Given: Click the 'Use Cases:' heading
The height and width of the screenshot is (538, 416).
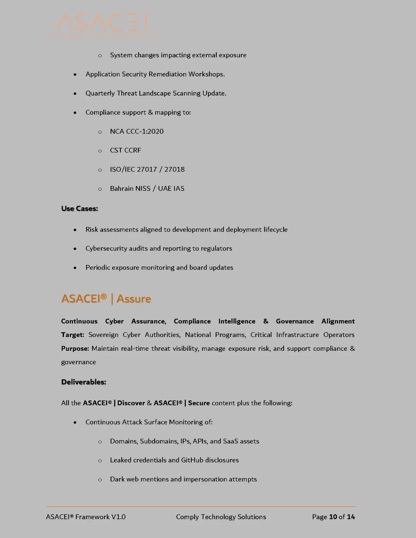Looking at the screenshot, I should coord(79,209).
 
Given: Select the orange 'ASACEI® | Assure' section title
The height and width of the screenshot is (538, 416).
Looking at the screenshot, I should coord(106,299).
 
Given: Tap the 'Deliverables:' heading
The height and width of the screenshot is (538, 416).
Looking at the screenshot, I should coord(84,382).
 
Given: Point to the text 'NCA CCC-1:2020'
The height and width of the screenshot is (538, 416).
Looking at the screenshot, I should coord(136,132).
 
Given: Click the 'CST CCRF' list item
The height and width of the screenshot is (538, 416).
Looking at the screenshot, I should coord(125,151).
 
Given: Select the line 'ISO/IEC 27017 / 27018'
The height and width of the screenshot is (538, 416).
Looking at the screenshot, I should coord(147,170).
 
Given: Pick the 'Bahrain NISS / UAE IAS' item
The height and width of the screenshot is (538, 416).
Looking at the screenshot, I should coord(147,189).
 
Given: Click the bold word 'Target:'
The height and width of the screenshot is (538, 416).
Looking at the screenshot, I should coord(73,335).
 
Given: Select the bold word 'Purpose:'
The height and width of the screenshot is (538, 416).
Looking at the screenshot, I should coord(75,349).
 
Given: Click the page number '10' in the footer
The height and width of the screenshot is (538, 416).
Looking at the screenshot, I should coord(333,517).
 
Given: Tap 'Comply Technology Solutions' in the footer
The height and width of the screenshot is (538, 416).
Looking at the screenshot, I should coord(221,517).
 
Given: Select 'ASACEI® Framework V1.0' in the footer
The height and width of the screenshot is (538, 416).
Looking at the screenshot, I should coord(86,517).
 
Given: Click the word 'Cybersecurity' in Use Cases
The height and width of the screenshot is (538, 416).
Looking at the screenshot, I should coord(106,249).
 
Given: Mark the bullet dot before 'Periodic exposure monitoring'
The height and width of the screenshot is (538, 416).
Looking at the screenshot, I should coord(75,268).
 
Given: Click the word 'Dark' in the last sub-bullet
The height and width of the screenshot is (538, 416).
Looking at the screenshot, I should coord(117,479).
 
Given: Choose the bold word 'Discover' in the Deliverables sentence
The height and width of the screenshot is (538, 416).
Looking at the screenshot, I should coord(131,403).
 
